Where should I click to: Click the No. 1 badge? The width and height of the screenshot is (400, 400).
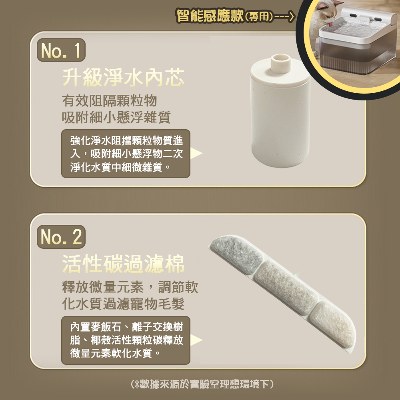(61, 50)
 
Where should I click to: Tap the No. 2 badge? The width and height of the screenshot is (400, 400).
(61, 237)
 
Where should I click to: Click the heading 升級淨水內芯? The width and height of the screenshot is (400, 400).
(123, 78)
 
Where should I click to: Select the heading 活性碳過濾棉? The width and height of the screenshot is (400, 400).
(123, 264)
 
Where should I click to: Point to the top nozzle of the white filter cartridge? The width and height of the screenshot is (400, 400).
(281, 63)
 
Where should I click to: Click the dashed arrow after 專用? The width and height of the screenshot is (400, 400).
(284, 17)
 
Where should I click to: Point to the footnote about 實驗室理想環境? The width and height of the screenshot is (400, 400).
(202, 384)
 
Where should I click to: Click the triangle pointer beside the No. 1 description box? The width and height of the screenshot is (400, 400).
(196, 153)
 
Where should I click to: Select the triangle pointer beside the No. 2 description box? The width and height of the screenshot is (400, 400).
(196, 340)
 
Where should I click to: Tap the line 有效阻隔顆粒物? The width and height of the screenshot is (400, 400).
(110, 100)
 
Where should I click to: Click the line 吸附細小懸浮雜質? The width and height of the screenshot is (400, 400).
(116, 117)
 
